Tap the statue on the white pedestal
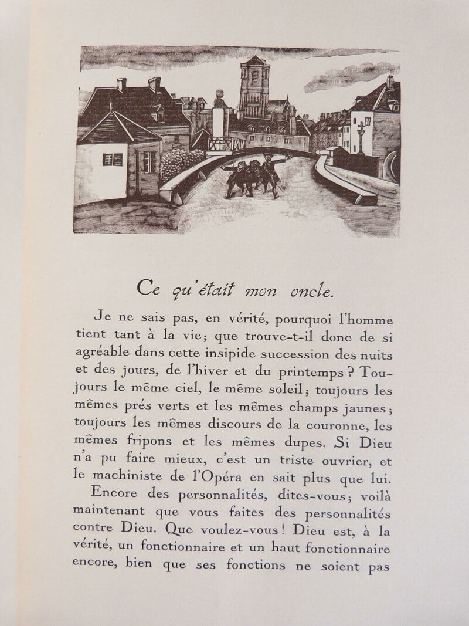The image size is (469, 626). point(220,100)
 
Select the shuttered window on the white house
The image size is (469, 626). point(113,159)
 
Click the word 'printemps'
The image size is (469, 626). point(311,372)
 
